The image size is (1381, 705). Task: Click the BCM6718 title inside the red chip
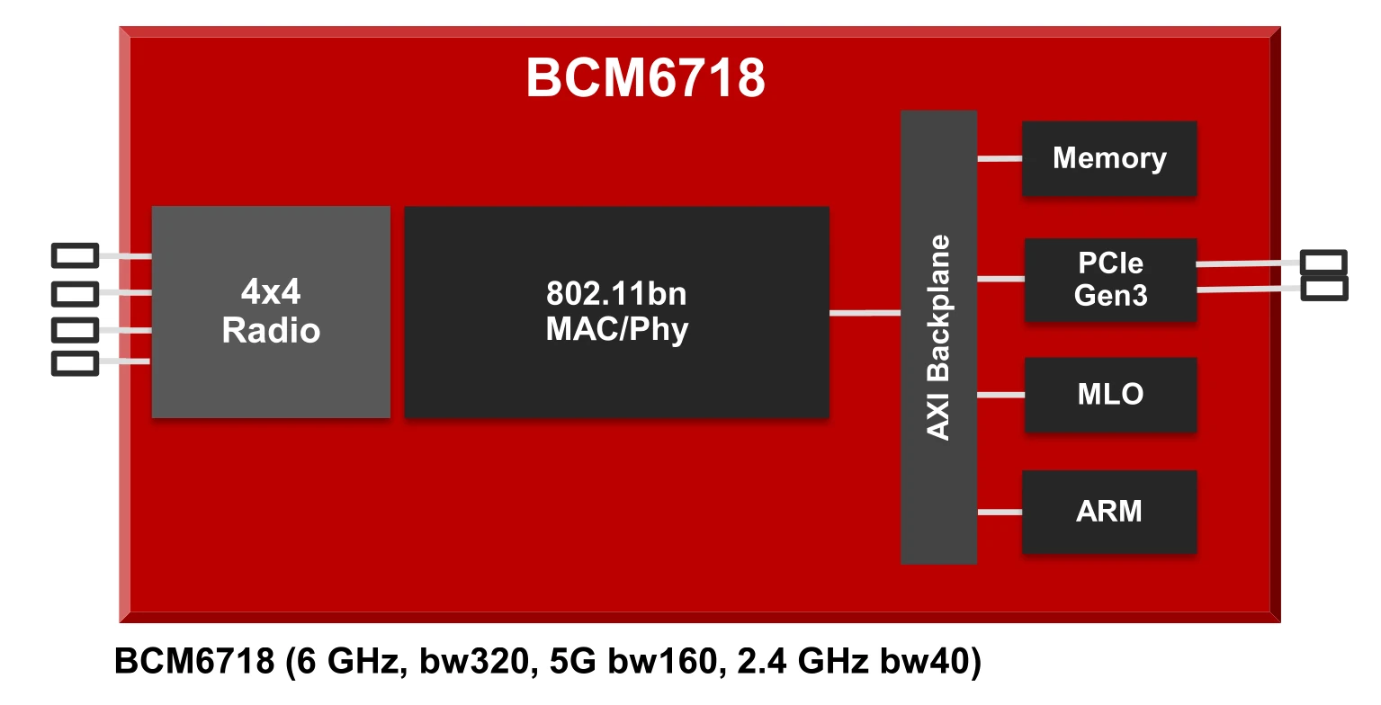[645, 79]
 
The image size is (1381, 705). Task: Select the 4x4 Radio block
[271, 311]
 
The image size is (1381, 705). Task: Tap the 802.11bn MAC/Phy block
[616, 311]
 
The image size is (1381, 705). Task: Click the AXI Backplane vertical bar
[938, 337]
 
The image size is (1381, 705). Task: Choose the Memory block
[1108, 158]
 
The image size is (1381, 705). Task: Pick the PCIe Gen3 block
[1110, 279]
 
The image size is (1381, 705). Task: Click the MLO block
[1110, 394]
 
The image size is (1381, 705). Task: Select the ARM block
[1108, 511]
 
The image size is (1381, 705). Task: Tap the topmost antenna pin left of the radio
[75, 255]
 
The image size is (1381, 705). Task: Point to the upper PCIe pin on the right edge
[1323, 263]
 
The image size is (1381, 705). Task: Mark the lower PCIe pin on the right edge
[1323, 288]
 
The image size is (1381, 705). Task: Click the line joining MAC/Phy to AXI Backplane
[865, 313]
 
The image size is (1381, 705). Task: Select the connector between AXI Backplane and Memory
[1000, 159]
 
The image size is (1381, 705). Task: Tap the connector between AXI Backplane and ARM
[1000, 513]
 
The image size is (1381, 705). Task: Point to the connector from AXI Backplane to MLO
[1000, 395]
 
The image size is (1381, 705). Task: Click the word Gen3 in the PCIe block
[1110, 295]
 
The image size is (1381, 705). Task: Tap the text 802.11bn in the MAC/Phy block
[616, 294]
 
